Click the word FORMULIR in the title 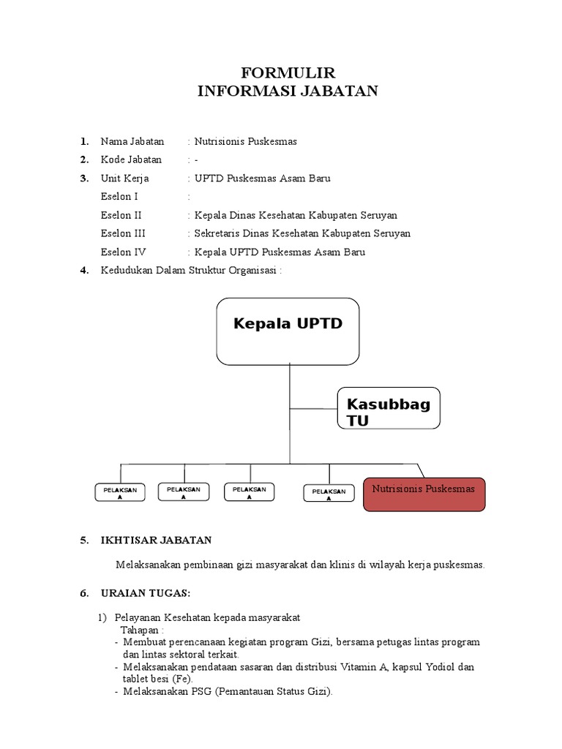point(288,72)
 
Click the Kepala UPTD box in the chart point(288,331)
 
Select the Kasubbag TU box point(389,408)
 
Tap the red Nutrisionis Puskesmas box point(424,494)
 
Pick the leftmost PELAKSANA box point(119,492)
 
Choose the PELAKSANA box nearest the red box point(329,493)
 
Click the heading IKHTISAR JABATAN point(156,540)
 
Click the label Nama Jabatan point(132,141)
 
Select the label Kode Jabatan point(132,159)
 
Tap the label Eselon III point(123,233)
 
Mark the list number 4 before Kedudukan point(85,271)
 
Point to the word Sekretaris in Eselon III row point(220,233)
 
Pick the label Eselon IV point(122,252)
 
